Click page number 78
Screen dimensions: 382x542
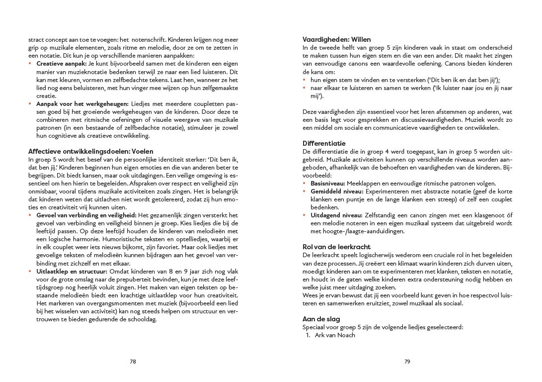click(x=133, y=362)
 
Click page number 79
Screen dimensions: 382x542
click(x=407, y=362)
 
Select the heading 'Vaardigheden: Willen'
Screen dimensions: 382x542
click(x=336, y=40)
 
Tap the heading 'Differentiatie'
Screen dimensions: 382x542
click(x=324, y=143)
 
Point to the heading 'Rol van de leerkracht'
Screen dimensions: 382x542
click(x=336, y=247)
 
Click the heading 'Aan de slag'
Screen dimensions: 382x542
click(x=321, y=319)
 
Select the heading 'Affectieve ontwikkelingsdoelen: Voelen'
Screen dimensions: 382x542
click(x=91, y=151)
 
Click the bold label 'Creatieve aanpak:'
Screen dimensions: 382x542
click(x=62, y=64)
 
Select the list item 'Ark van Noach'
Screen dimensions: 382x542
click(x=335, y=335)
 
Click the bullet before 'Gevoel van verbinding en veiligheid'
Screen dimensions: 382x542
click(x=30, y=215)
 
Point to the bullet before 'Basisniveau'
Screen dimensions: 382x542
click(x=305, y=184)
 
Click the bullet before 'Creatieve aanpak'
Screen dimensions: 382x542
click(x=30, y=64)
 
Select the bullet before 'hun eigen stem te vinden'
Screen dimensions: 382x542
click(x=305, y=80)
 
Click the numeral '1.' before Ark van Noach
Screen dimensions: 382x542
click(x=308, y=335)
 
